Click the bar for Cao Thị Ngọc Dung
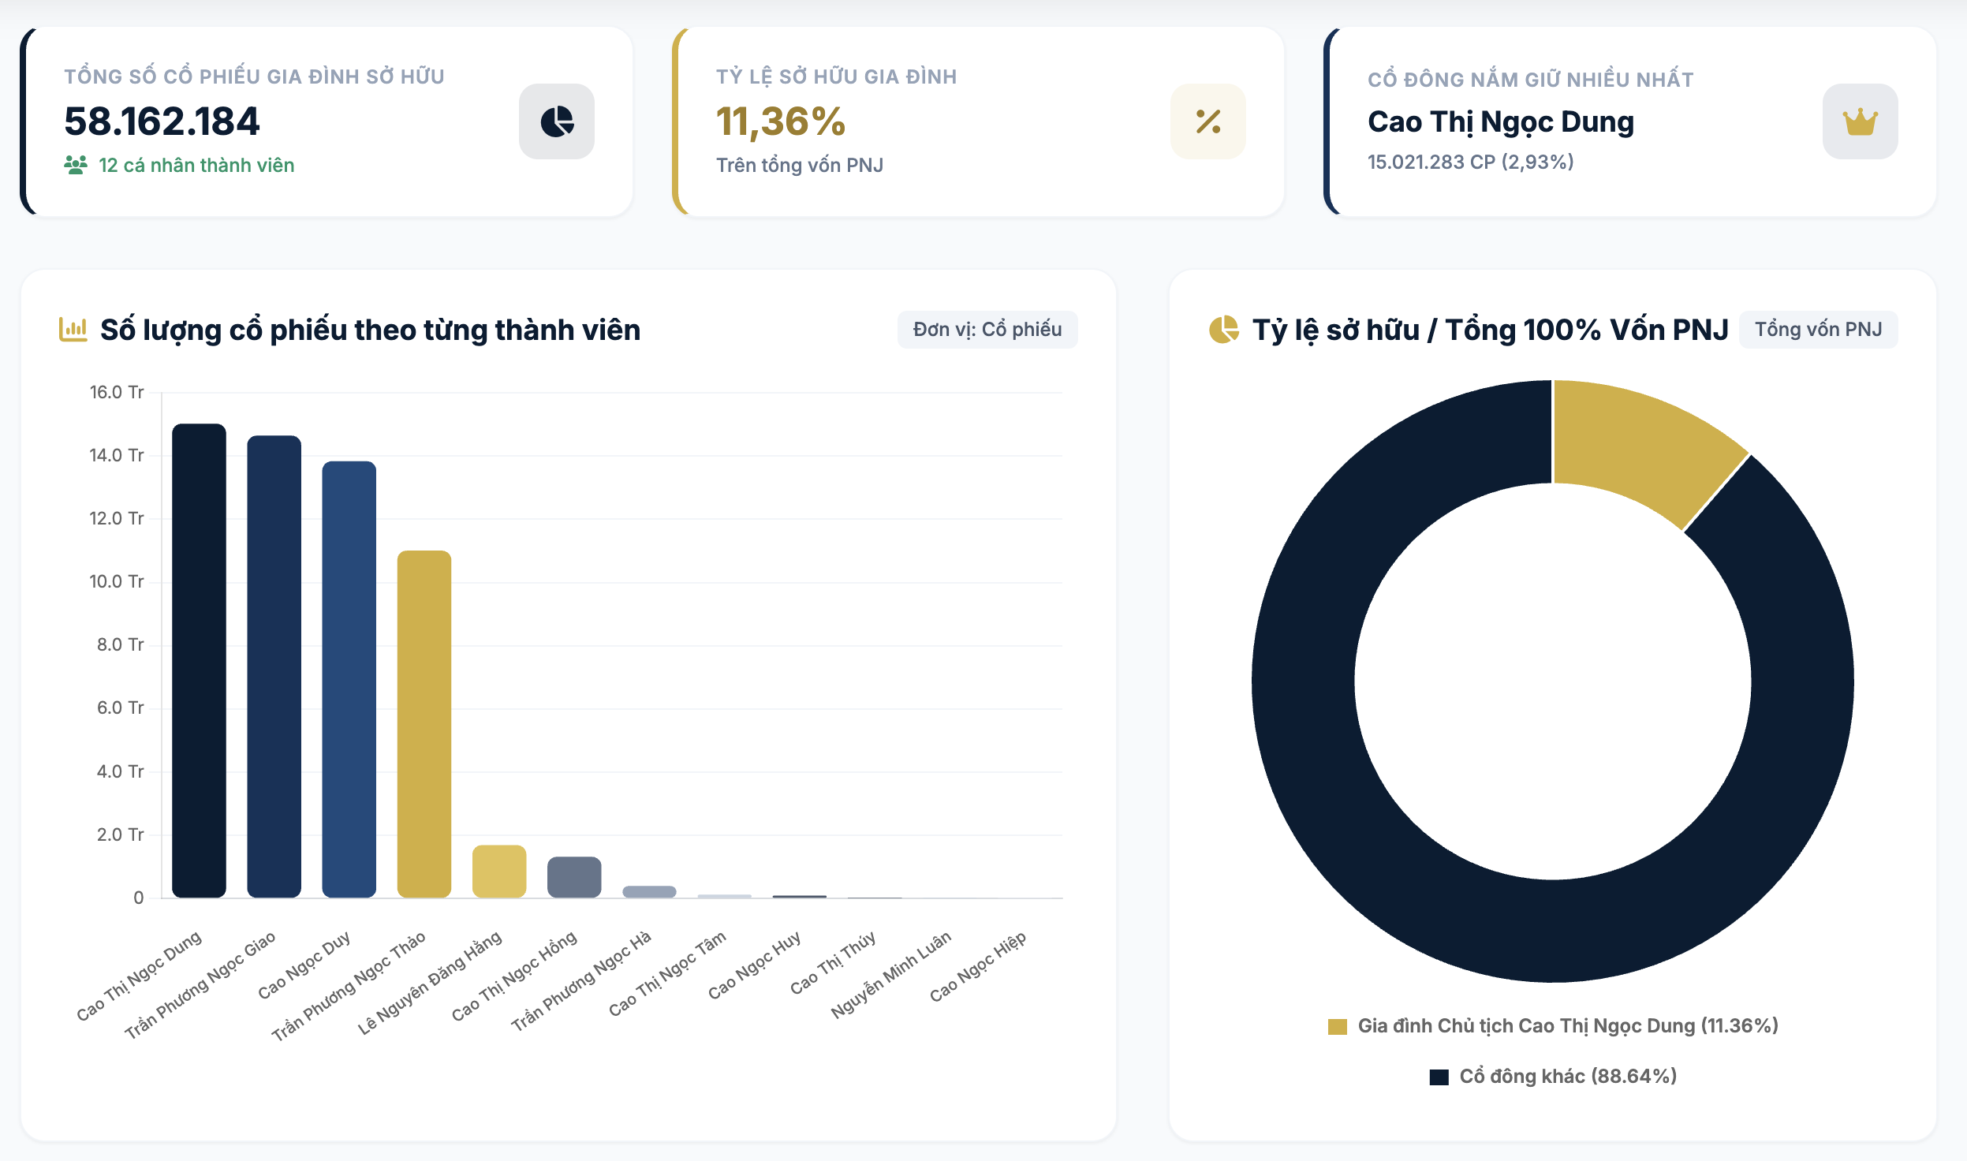coord(199,660)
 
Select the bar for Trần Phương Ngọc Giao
coord(274,666)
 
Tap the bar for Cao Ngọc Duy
coord(349,679)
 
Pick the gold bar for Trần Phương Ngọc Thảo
coord(424,724)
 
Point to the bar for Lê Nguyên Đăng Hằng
coord(498,872)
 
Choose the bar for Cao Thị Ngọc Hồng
coord(574,877)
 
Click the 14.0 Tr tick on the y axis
coord(117,455)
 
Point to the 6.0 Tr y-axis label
coord(121,707)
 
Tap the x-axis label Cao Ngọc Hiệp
coord(978,966)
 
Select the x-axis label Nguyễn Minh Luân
coord(891,974)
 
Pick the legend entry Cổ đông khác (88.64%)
coord(1553,1077)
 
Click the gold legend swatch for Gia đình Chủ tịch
coord(1337,1026)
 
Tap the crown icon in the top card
coord(1860,121)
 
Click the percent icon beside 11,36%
coord(1207,121)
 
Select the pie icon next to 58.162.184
coord(556,121)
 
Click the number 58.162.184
coord(162,121)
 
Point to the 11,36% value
coord(781,122)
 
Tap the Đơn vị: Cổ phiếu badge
coord(987,330)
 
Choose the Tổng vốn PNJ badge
coord(1818,330)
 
